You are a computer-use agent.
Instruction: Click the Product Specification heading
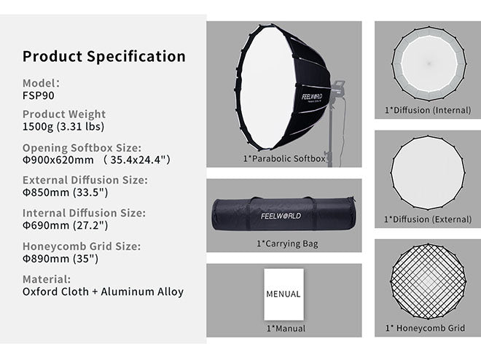104,57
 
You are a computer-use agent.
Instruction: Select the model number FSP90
39,95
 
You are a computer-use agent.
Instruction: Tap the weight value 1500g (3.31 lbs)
63,127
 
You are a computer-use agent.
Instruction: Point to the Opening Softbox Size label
82,148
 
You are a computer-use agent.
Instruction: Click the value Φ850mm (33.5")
66,192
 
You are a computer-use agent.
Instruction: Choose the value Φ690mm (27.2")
66,225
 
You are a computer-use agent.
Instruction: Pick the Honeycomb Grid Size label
82,246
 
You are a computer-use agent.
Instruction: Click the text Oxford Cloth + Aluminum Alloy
103,291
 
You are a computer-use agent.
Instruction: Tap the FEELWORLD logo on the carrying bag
281,216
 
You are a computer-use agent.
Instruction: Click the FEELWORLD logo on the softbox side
312,97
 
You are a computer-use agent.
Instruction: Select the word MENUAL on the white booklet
283,294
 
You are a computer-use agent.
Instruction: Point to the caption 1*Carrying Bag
287,244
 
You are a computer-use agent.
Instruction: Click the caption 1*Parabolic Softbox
284,159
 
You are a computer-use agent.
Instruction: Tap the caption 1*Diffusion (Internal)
428,110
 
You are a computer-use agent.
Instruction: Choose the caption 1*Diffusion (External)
428,219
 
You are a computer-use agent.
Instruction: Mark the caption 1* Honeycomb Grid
425,328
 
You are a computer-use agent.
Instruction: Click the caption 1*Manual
286,329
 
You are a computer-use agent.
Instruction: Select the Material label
47,279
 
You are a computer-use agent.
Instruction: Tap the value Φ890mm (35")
60,259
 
